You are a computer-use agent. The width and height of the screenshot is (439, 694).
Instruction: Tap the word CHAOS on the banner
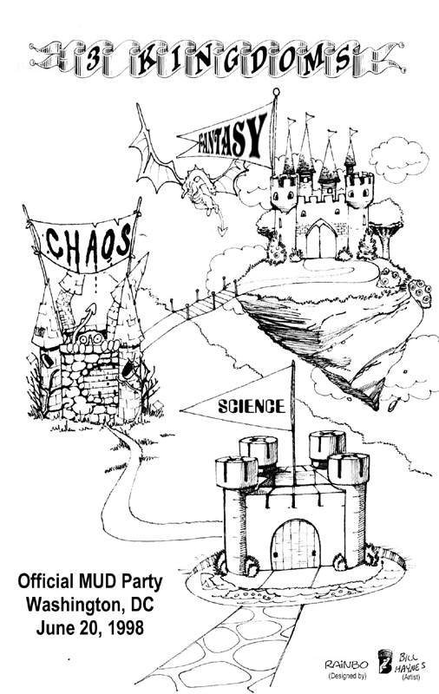(x=89, y=245)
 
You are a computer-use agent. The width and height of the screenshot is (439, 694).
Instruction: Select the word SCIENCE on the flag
(x=251, y=406)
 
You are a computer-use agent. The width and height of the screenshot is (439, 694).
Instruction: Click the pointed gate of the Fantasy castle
(x=322, y=239)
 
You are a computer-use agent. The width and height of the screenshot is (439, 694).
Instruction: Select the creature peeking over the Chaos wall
(x=92, y=338)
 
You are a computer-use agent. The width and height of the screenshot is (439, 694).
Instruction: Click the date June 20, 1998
(x=90, y=627)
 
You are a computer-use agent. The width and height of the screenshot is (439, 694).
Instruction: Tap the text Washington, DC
(x=90, y=605)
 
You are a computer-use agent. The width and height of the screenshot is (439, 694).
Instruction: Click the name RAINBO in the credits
(x=346, y=665)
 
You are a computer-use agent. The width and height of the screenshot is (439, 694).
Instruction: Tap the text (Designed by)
(x=347, y=676)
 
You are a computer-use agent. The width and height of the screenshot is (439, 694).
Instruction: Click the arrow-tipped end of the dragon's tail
(x=222, y=230)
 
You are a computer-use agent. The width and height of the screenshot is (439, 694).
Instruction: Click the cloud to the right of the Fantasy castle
(x=398, y=160)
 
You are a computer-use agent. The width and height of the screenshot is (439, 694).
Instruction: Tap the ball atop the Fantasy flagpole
(x=276, y=92)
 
